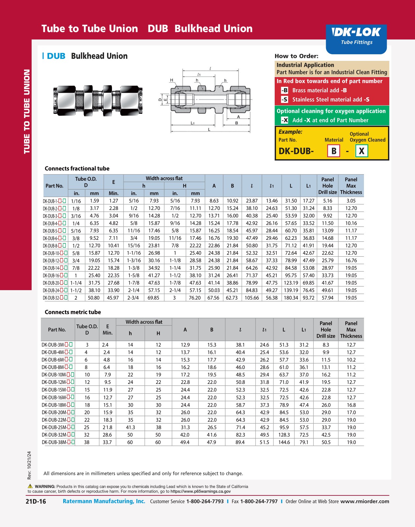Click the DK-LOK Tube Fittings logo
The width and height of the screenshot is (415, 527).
point(356,36)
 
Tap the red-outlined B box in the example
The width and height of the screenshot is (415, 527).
point(334,151)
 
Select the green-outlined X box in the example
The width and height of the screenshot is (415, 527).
point(361,151)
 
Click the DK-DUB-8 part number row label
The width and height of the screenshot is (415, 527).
point(54,246)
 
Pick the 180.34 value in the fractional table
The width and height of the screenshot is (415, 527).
point(291,298)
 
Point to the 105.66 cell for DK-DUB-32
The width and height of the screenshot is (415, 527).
point(252,298)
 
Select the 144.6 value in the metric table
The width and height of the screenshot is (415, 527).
point(284,442)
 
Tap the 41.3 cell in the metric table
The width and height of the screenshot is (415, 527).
point(130,427)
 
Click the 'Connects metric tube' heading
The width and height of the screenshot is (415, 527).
point(73,312)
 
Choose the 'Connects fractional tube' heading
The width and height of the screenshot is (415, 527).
point(77,168)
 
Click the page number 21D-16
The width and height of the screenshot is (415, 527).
point(36,501)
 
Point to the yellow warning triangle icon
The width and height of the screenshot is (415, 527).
point(30,486)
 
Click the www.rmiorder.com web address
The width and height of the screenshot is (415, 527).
point(365,501)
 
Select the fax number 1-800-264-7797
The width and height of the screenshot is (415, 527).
point(259,501)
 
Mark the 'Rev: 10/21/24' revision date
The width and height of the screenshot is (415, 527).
point(29,465)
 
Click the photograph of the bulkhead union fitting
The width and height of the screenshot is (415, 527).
point(98,100)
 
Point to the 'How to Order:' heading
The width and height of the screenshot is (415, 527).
point(296,56)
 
